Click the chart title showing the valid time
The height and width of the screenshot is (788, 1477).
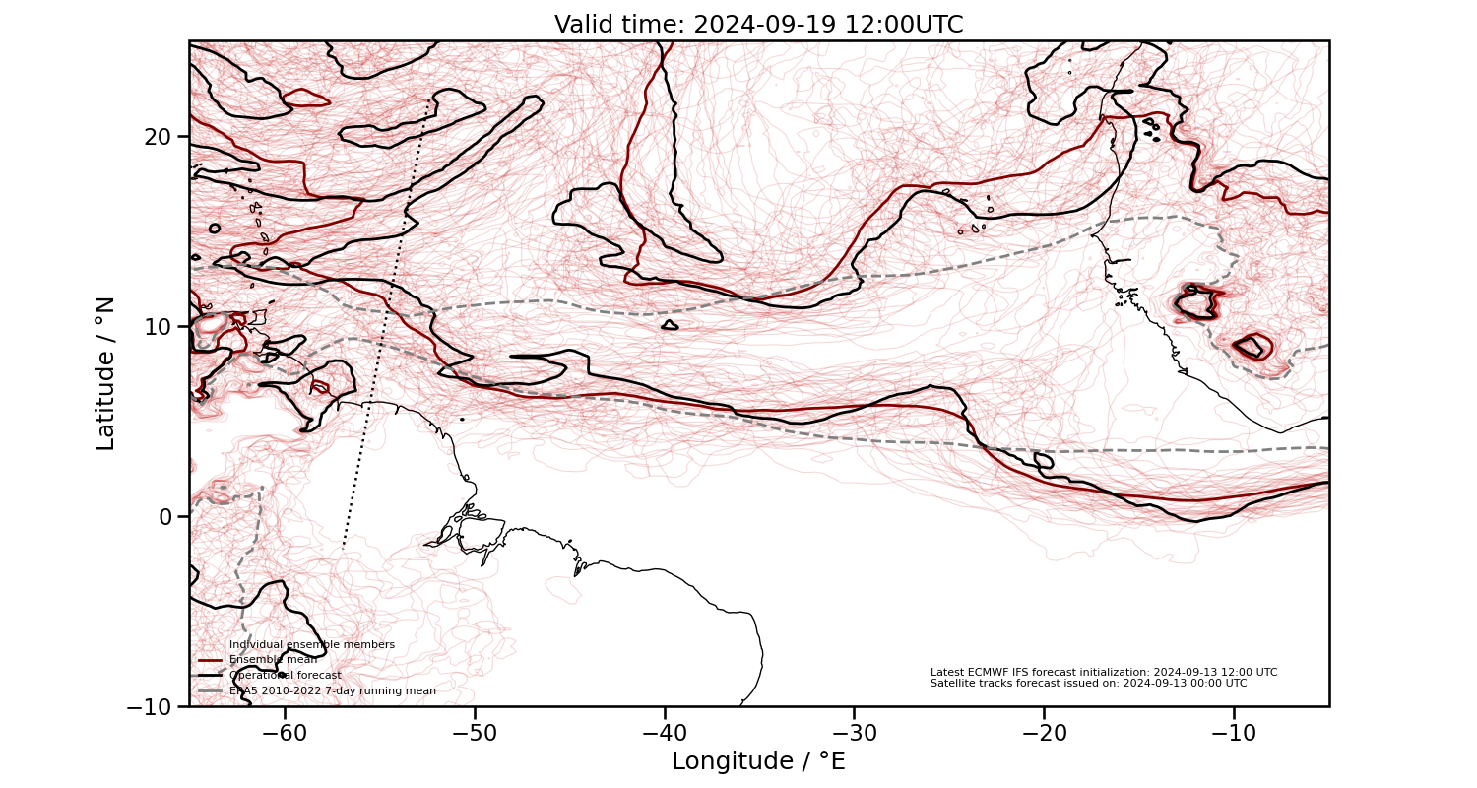tap(758, 25)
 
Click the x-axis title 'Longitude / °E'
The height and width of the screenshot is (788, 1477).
tap(758, 761)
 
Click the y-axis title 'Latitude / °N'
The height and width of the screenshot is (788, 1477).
tap(105, 373)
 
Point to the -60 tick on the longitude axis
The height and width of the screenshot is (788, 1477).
tap(285, 733)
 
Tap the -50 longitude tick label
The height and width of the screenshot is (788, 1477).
tap(474, 733)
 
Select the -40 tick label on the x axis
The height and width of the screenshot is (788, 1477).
tap(664, 733)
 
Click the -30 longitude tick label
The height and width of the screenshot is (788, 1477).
tap(853, 733)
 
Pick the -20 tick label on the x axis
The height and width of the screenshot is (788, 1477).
tap(1043, 733)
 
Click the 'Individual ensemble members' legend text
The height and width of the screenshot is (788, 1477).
tap(312, 644)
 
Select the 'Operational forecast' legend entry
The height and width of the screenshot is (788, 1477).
tap(286, 675)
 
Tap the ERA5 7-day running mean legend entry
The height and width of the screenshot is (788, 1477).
tap(333, 690)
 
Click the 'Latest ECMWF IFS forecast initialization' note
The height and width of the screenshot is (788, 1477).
tap(1104, 672)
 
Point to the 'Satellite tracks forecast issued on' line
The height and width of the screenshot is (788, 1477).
tap(1088, 683)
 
